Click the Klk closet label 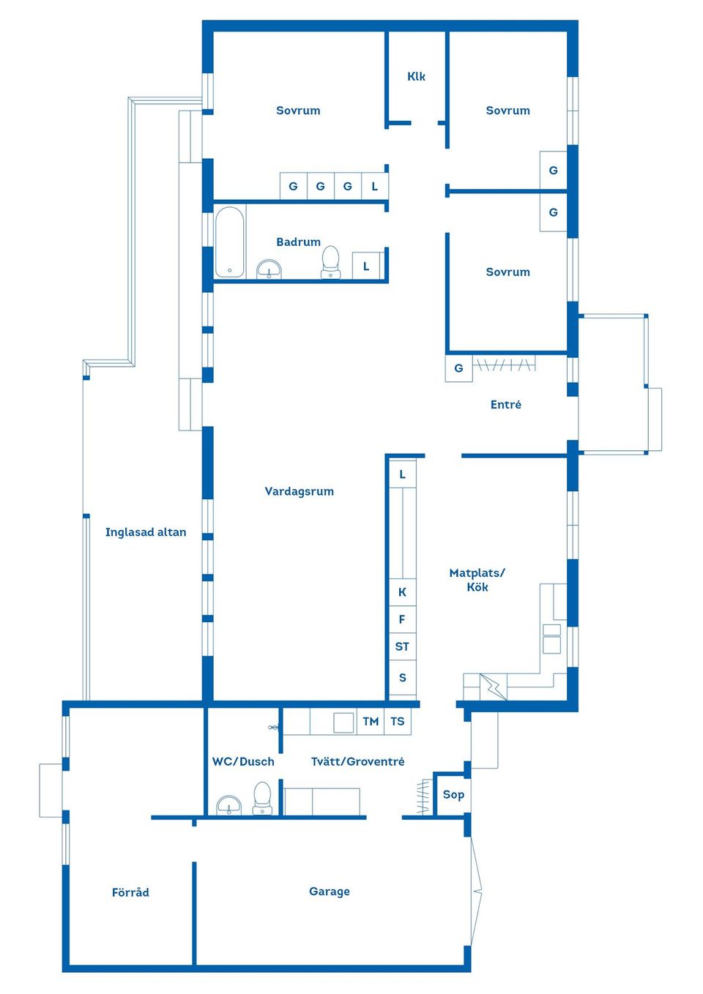pyautogui.click(x=416, y=76)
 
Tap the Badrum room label pyautogui.click(x=298, y=242)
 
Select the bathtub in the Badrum pyautogui.click(x=229, y=242)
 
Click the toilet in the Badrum pyautogui.click(x=331, y=262)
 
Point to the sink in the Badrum pyautogui.click(x=269, y=269)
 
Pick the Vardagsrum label pyautogui.click(x=299, y=491)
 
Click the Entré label pyautogui.click(x=505, y=404)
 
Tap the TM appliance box pyautogui.click(x=371, y=722)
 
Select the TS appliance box pyautogui.click(x=398, y=722)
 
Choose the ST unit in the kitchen pyautogui.click(x=403, y=646)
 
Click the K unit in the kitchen pyautogui.click(x=403, y=592)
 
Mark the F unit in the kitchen pyautogui.click(x=403, y=619)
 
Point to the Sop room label pyautogui.click(x=453, y=795)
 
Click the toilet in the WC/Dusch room pyautogui.click(x=262, y=799)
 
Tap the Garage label pyautogui.click(x=330, y=892)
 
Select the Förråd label pyautogui.click(x=130, y=892)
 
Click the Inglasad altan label pyautogui.click(x=146, y=532)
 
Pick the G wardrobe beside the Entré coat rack pyautogui.click(x=459, y=368)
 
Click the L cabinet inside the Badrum pyautogui.click(x=366, y=266)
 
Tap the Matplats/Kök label pyautogui.click(x=477, y=580)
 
